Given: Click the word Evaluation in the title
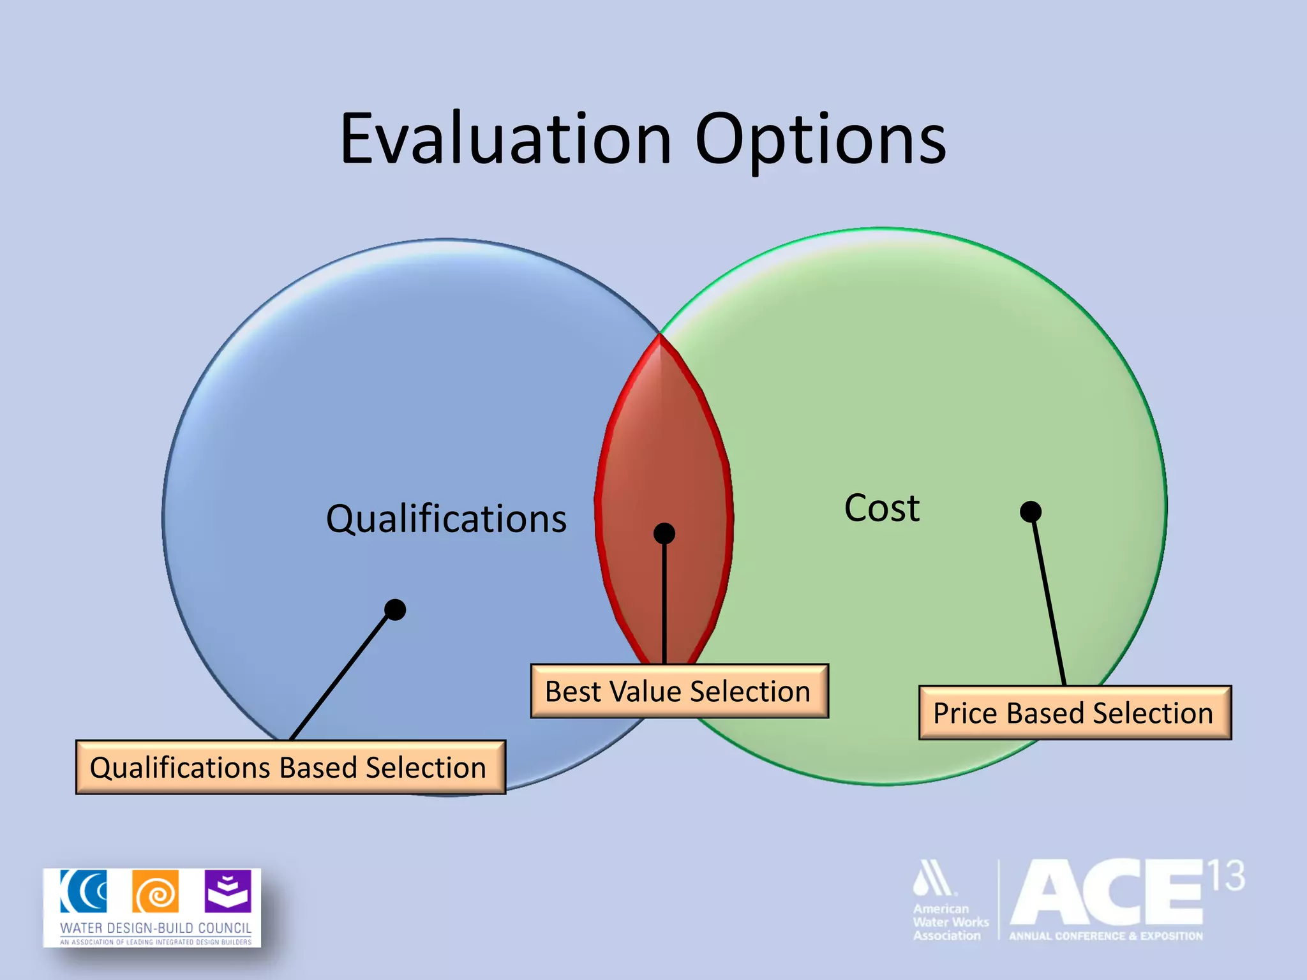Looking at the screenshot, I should pyautogui.click(x=505, y=139).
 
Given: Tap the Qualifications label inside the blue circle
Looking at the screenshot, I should pyautogui.click(x=446, y=519).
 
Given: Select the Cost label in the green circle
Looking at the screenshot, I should pyautogui.click(x=882, y=509).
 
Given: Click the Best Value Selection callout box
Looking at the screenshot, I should pyautogui.click(x=679, y=692).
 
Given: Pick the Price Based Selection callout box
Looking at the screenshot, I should pyautogui.click(x=1075, y=713).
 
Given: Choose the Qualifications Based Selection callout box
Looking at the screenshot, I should pyautogui.click(x=290, y=768).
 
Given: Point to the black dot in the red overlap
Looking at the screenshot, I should pyautogui.click(x=664, y=533).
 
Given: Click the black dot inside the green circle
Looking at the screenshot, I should pyautogui.click(x=1031, y=511).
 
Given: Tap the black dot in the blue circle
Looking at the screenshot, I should pyautogui.click(x=396, y=609).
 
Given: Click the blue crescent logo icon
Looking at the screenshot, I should pyautogui.click(x=84, y=891).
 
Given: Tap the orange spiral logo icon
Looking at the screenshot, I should pyautogui.click(x=156, y=892).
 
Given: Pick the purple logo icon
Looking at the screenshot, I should pyautogui.click(x=228, y=891).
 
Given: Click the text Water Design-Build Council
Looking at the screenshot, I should pyautogui.click(x=156, y=928).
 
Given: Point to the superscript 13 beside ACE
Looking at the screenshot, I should pyautogui.click(x=1225, y=876).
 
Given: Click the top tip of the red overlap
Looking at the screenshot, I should pyautogui.click(x=660, y=338).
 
